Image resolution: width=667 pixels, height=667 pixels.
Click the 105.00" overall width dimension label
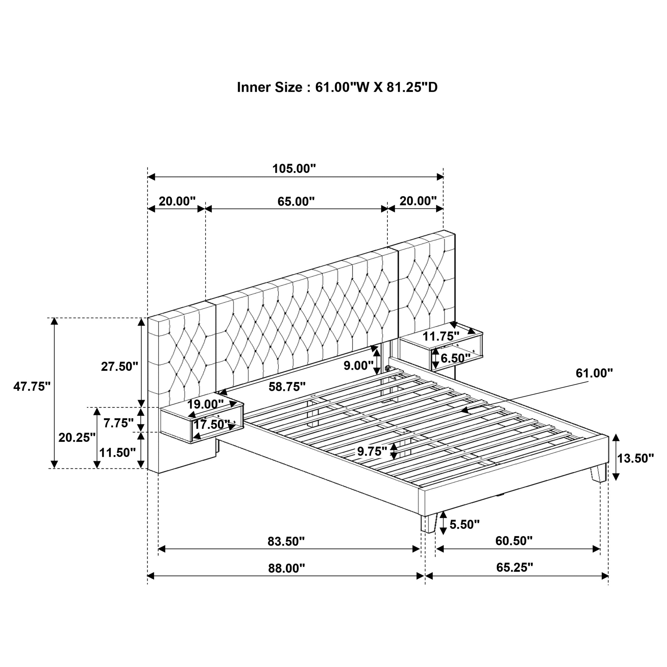[x=294, y=169]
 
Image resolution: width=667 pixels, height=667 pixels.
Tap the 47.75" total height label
[x=32, y=386]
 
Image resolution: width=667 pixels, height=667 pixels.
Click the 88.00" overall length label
[x=287, y=568]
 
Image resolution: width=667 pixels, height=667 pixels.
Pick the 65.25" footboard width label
[x=514, y=567]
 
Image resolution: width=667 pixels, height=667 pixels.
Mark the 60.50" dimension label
[x=514, y=541]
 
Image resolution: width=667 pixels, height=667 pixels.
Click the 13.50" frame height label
[x=635, y=458]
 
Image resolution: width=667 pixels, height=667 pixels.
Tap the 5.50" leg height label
[x=464, y=525]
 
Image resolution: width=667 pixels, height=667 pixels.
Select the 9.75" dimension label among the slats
[x=372, y=451]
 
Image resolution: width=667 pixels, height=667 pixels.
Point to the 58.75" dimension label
[x=287, y=387]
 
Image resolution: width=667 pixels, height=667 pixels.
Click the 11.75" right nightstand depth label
[x=441, y=336]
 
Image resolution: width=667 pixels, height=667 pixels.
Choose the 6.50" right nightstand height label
[x=455, y=358]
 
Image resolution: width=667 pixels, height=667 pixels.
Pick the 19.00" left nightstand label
[x=205, y=404]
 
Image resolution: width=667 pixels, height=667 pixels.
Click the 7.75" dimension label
[x=118, y=423]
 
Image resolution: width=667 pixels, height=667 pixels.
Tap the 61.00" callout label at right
[x=594, y=373]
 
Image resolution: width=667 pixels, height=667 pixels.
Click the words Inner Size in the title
[x=269, y=87]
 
